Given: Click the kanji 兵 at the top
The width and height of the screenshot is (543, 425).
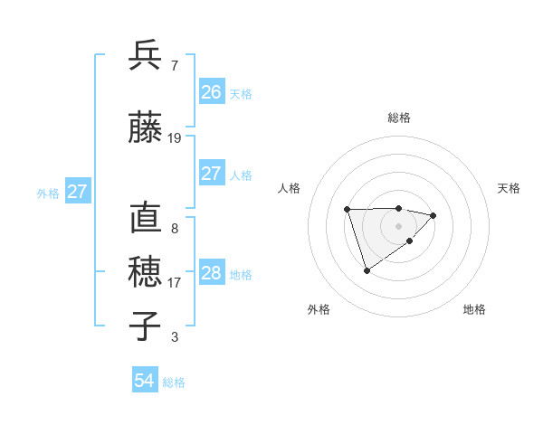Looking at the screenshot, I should [146, 55].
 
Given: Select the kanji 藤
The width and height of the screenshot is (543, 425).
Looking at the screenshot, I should [146, 127].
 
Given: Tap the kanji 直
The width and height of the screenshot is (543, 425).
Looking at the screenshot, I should [146, 218].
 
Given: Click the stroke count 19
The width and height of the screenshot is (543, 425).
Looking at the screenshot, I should [175, 138].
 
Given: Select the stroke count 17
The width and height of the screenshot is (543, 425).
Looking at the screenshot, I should [175, 283].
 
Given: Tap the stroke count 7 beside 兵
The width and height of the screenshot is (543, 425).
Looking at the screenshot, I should [174, 66].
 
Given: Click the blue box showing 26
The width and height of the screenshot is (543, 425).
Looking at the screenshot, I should [212, 91].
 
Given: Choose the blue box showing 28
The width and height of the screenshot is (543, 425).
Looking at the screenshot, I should [212, 273].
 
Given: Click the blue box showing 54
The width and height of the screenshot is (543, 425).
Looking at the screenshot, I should [145, 381].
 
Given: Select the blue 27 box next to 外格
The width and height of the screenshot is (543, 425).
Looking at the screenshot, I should [78, 192].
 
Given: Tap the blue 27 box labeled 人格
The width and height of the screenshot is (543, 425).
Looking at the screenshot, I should [212, 174].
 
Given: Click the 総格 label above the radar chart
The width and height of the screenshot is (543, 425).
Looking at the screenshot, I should [399, 118].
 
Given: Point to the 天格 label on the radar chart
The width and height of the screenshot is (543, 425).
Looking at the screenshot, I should [509, 188].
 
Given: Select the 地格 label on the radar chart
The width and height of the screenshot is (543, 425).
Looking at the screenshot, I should [474, 309].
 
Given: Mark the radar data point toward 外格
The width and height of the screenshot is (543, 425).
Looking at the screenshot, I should [367, 270].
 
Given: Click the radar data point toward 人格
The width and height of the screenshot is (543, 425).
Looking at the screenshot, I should [348, 210].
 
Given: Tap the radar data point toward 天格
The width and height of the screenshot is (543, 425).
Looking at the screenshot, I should [433, 215].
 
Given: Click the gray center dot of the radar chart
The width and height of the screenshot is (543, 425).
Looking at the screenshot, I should [399, 225].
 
